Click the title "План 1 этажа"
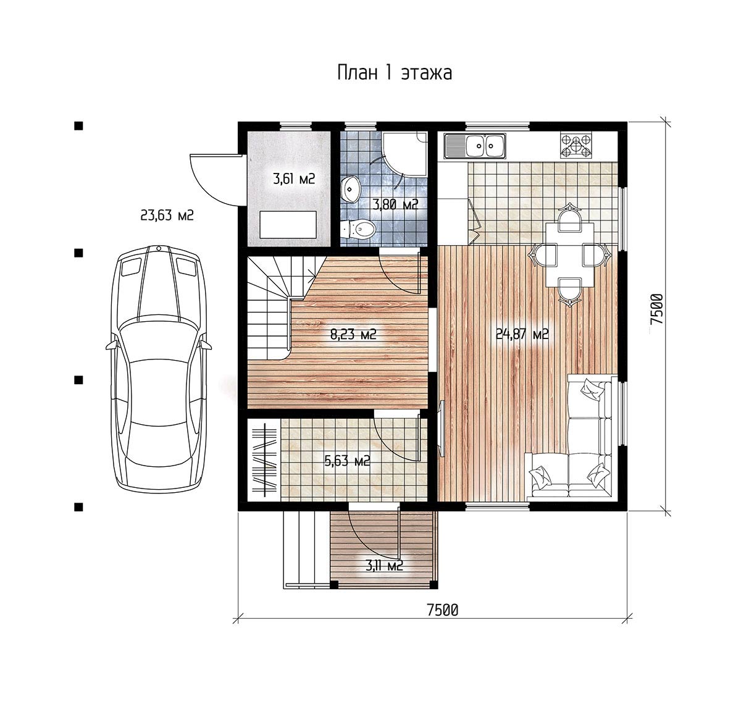coord(395,73)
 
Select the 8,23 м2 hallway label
coord(353,335)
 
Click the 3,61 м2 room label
coord(294,178)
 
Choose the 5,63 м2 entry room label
coord(347,461)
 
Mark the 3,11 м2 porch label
coord(384,566)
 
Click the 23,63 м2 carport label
coord(167,216)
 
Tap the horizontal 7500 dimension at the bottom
coord(443,610)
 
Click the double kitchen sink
coord(474,146)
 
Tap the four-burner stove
coord(576,146)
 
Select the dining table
coord(570,254)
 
